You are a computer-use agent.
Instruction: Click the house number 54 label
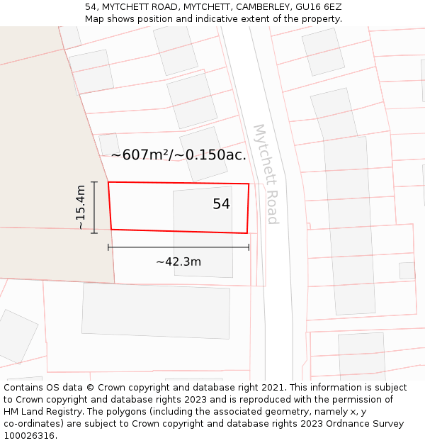221,204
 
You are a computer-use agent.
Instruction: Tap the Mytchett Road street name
266,174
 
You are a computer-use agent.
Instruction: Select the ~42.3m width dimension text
178,262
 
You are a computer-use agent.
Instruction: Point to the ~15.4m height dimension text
81,207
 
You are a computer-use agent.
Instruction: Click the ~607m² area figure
141,155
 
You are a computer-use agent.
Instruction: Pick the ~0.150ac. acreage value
215,155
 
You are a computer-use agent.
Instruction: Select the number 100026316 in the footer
29,435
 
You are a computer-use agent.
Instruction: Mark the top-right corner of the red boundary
249,184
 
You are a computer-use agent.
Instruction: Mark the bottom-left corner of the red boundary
111,229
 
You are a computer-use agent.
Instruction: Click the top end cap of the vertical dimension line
94,182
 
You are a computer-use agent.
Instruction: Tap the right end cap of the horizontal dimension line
249,247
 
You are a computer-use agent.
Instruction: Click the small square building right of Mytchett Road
407,270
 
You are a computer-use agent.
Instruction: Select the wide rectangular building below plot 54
156,310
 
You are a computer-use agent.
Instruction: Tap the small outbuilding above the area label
109,144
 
